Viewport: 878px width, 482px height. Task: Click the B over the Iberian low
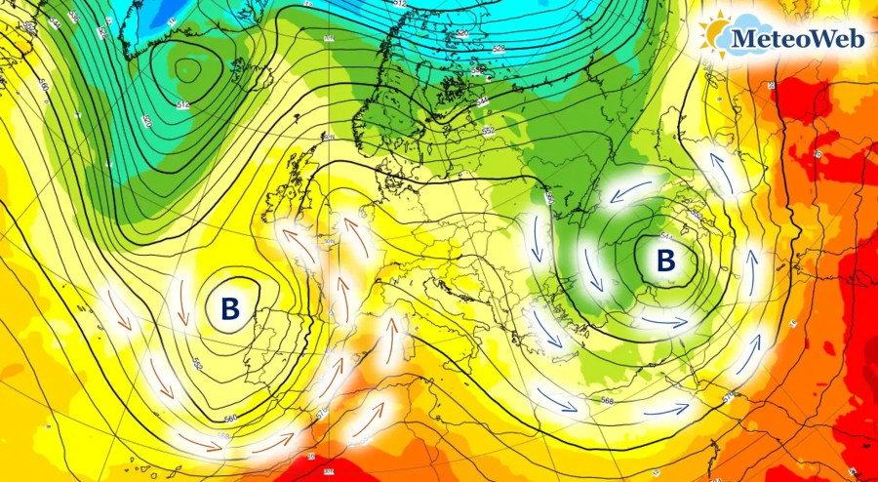230,309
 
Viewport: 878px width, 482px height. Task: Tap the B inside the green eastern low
666,261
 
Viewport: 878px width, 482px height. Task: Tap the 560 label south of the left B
230,419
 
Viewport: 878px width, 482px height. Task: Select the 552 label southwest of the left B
197,364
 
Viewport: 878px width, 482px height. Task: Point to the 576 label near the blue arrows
728,394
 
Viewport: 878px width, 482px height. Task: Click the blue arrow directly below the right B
664,321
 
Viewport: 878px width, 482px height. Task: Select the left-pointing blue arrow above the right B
628,191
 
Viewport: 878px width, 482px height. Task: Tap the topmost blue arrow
722,169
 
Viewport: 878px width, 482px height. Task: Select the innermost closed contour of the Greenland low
189,68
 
